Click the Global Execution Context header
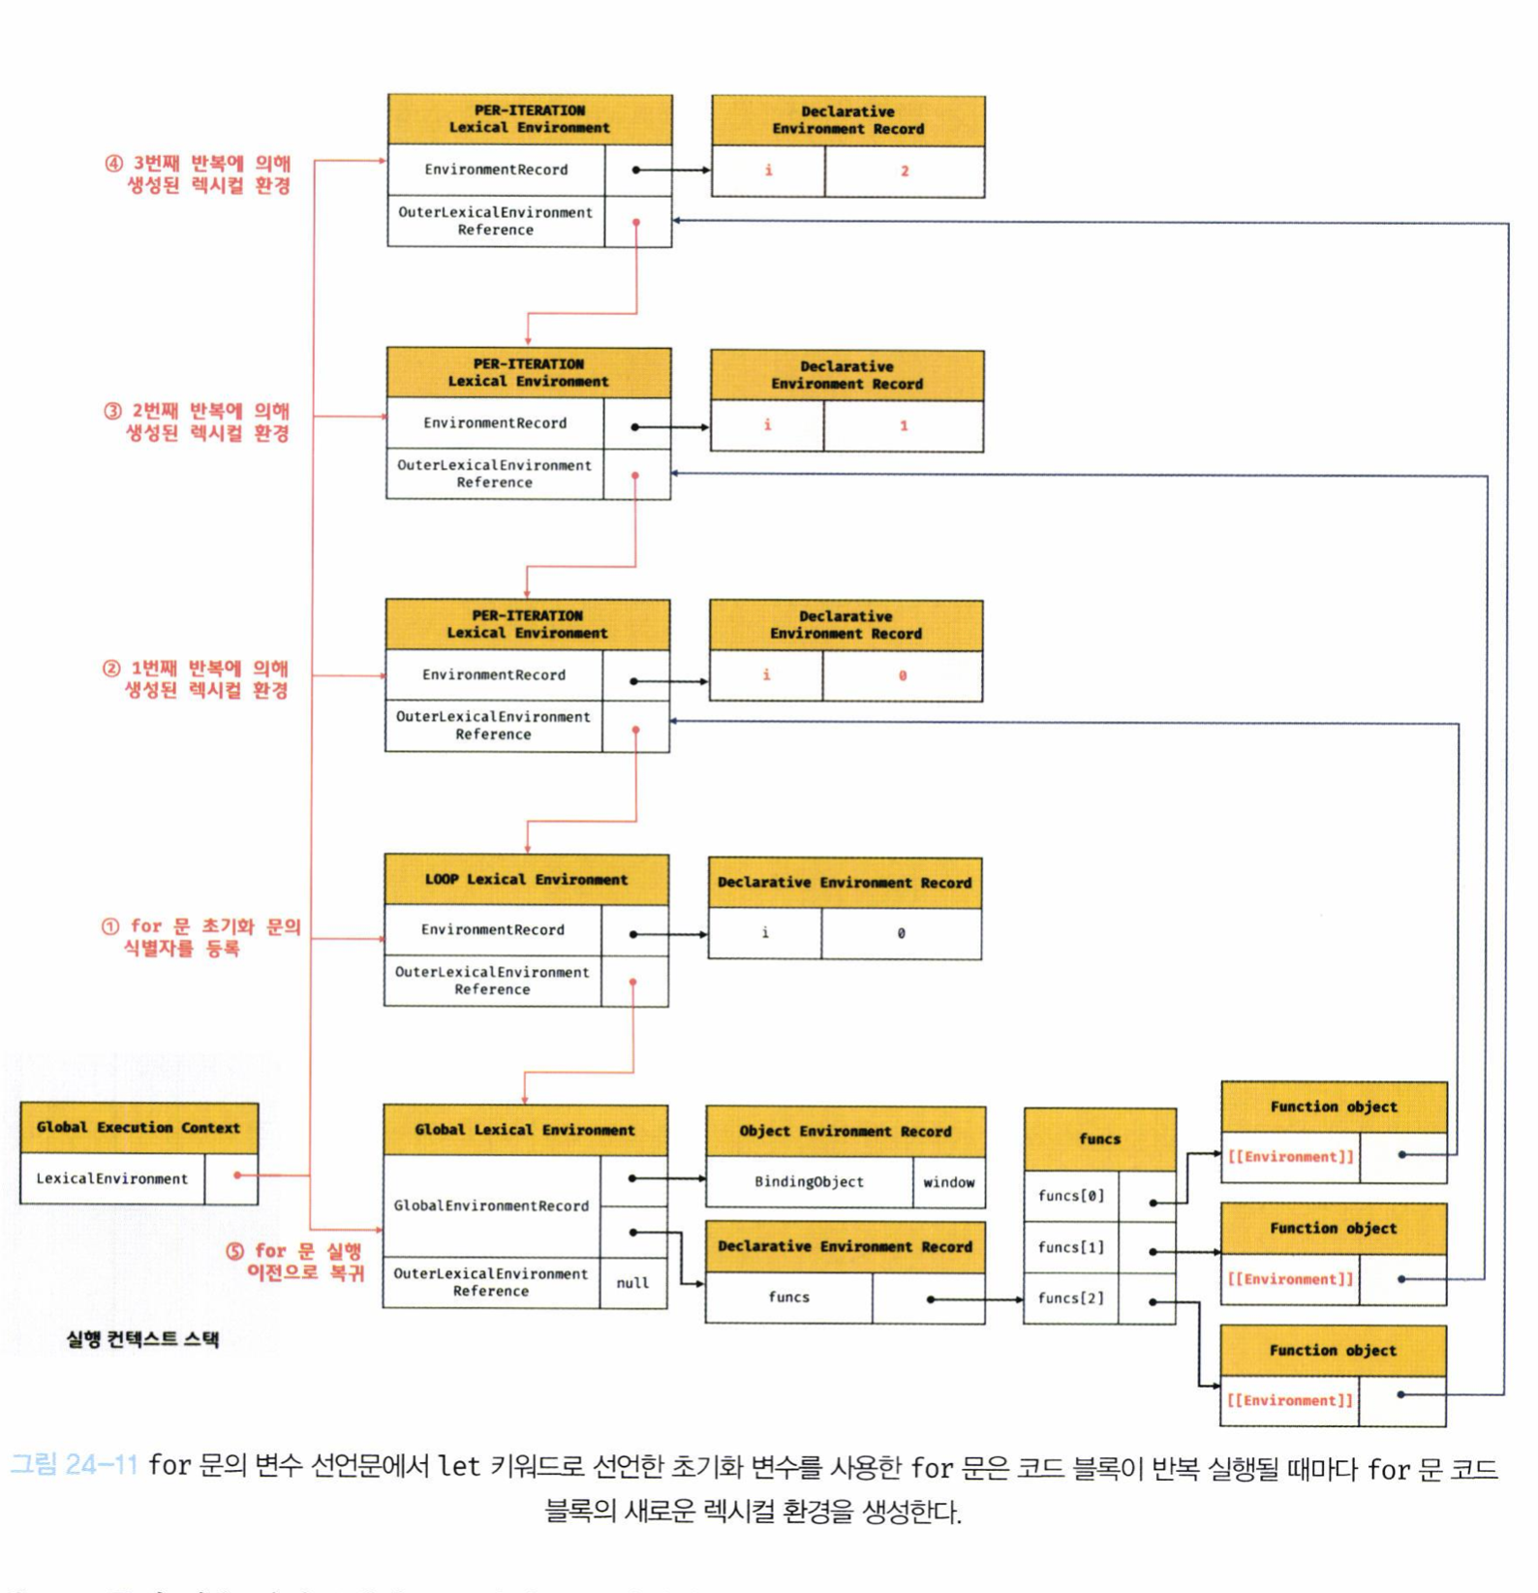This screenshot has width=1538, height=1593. (x=138, y=1128)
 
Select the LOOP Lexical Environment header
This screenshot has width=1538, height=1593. (x=526, y=880)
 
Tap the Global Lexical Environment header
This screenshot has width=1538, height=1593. (x=525, y=1130)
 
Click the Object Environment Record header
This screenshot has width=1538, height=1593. (x=846, y=1132)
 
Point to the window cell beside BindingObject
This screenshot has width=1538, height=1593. (x=948, y=1182)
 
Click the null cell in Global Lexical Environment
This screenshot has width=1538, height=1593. (x=632, y=1283)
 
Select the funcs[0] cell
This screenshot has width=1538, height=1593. (x=1071, y=1196)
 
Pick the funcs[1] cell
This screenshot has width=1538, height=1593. (x=1071, y=1247)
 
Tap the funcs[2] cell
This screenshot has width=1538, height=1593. (x=1071, y=1298)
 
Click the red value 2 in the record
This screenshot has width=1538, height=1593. (x=905, y=172)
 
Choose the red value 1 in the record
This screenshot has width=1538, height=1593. (x=904, y=425)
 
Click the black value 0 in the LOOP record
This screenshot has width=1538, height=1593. (x=901, y=933)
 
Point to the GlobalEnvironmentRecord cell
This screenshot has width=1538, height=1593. (x=491, y=1205)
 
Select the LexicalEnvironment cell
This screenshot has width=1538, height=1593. (x=112, y=1179)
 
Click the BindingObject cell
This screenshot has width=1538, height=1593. (x=809, y=1182)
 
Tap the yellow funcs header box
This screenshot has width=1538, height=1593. (x=1099, y=1140)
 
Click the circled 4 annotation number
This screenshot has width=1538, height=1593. (x=113, y=164)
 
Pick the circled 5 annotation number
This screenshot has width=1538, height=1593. (x=234, y=1251)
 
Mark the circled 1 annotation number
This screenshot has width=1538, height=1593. (x=110, y=926)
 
